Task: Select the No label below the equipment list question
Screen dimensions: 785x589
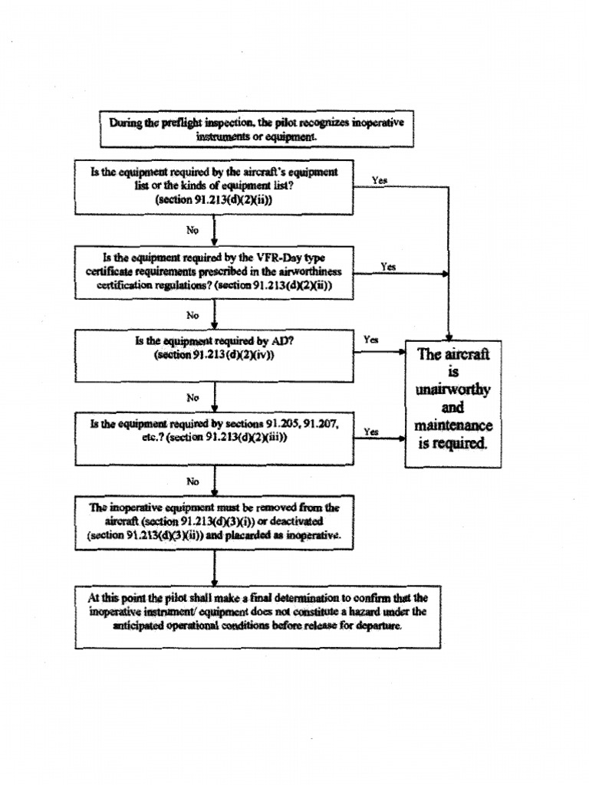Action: [193, 228]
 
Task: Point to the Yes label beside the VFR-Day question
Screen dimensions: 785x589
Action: [388, 267]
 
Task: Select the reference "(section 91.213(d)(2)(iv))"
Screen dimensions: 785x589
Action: [214, 355]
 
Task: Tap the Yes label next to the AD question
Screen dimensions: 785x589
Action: [370, 340]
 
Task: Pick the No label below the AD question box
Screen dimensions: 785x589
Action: [193, 397]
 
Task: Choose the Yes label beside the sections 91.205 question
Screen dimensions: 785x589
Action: [371, 432]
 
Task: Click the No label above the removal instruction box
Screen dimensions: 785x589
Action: [193, 481]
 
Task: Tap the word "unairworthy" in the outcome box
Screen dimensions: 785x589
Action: [452, 390]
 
